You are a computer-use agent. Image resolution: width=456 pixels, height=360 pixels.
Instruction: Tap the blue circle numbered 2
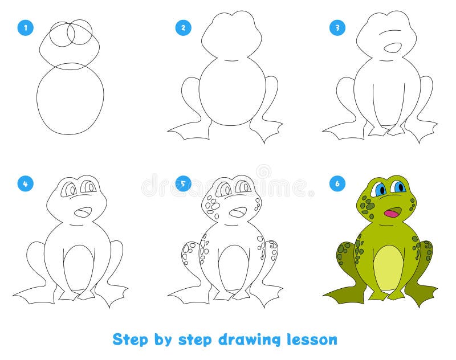[x=182, y=27]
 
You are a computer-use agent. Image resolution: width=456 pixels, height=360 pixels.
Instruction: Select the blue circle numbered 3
[x=338, y=27]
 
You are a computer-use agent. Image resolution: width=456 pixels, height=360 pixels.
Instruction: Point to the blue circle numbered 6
[x=338, y=183]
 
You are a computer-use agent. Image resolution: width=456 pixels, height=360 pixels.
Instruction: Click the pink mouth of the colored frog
[x=392, y=213]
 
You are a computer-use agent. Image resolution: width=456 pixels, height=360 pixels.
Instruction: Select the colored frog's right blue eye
[x=398, y=187]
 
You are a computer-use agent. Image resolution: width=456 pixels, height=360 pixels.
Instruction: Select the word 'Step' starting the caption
[x=130, y=339]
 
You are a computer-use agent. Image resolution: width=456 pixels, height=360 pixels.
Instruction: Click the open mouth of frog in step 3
[x=392, y=47]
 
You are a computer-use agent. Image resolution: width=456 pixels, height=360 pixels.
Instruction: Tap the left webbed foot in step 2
[x=188, y=130]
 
